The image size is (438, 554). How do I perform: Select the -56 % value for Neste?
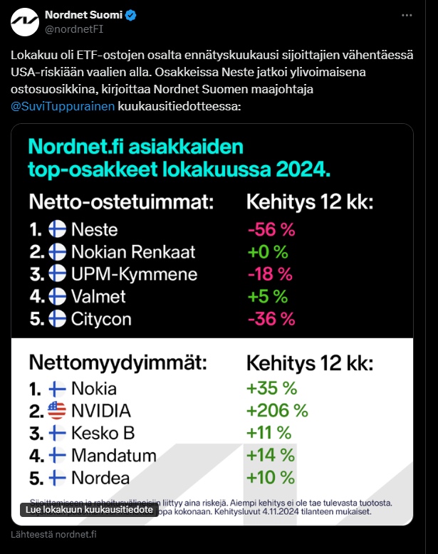(x=270, y=230)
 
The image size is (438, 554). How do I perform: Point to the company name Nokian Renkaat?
(x=133, y=252)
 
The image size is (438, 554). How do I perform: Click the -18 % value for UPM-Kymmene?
(x=270, y=274)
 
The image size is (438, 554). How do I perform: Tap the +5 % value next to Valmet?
(x=267, y=296)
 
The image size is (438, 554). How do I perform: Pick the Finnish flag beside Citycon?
(x=58, y=318)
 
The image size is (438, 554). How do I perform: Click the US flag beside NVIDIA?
(x=58, y=411)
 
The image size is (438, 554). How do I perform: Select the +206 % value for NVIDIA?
(x=276, y=411)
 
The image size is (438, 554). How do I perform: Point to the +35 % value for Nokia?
(x=272, y=389)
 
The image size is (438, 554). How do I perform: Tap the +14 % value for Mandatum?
(x=270, y=455)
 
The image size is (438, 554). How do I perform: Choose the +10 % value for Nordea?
(x=270, y=477)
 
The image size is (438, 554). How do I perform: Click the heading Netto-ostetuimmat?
(x=121, y=202)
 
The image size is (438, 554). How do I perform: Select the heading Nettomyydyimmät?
(x=118, y=362)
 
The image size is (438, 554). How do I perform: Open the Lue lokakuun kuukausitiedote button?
(x=90, y=510)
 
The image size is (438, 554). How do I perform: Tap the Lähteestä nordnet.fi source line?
(x=54, y=535)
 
